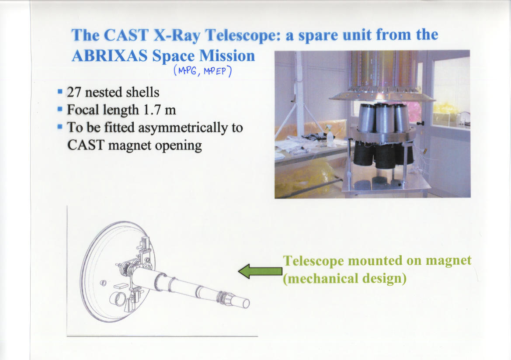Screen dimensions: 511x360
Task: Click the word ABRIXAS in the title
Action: pos(109,55)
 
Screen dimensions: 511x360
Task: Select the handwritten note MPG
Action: pos(187,70)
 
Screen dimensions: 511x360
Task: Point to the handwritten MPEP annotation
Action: pos(215,71)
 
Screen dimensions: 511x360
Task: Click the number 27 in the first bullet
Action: pos(73,92)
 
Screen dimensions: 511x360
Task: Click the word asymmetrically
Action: pos(183,128)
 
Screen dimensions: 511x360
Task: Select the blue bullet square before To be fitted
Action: pos(60,126)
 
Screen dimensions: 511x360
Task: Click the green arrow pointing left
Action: pos(260,271)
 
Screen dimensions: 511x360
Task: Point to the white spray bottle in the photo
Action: pos(331,136)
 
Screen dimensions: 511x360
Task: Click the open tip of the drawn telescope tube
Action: pos(246,303)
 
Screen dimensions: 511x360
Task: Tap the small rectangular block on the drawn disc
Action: pos(121,286)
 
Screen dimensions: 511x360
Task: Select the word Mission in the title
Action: pos(227,55)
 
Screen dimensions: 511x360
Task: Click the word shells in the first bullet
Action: pos(143,92)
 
